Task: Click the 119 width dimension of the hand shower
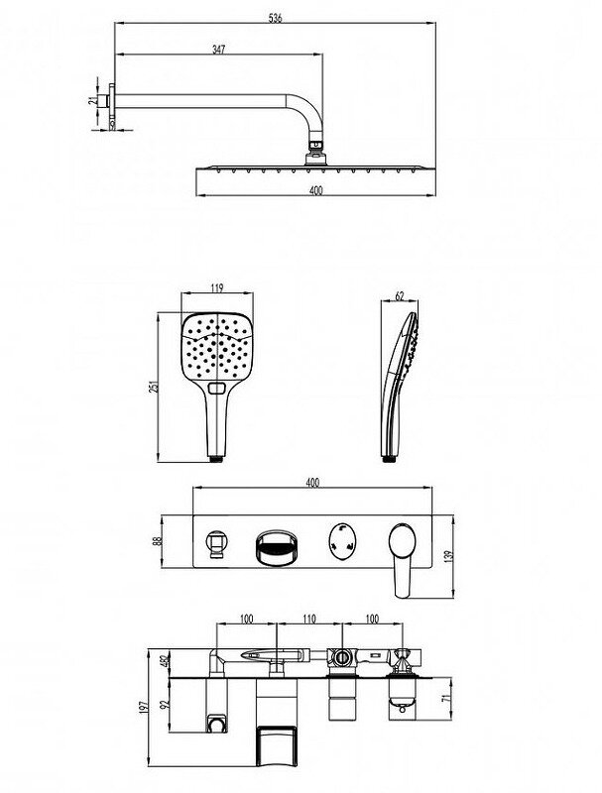point(218,288)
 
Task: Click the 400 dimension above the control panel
point(313,483)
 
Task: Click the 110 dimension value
point(307,619)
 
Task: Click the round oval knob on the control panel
point(341,542)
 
